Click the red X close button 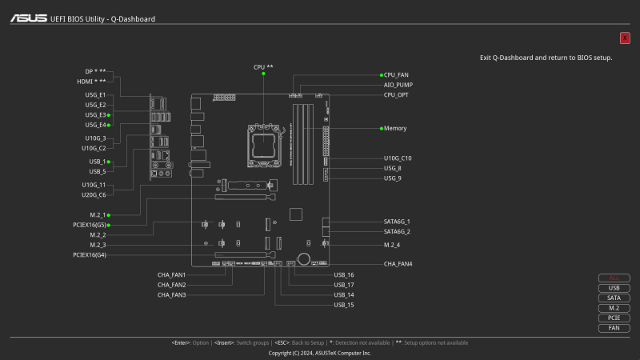point(625,38)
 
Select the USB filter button point(614,288)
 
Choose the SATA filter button point(614,298)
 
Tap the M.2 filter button point(614,308)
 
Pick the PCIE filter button point(614,318)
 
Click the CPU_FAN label point(396,74)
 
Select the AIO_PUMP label point(398,84)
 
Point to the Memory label point(395,128)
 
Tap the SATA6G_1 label point(397,222)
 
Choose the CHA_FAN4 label point(398,263)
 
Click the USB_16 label point(344,274)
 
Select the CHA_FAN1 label point(171,274)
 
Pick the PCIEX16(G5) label point(90,225)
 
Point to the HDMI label point(91,81)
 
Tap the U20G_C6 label point(94,194)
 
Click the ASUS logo point(28,18)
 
